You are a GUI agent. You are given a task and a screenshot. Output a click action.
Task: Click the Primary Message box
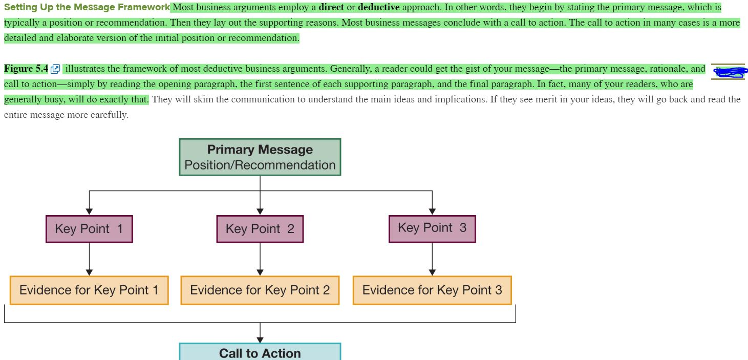click(260, 157)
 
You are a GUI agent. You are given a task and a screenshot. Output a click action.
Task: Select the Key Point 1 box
click(89, 229)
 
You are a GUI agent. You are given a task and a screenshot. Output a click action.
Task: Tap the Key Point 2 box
click(260, 229)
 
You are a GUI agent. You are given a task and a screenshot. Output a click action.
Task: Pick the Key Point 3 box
click(432, 228)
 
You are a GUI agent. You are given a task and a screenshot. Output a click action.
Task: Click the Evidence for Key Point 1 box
click(89, 290)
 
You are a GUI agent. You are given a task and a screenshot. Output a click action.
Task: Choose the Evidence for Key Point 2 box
click(260, 290)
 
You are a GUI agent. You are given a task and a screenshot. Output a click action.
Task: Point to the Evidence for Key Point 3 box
click(432, 290)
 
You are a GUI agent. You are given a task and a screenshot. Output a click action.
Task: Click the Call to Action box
click(260, 352)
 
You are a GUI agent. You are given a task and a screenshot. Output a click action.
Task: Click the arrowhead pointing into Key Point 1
click(89, 211)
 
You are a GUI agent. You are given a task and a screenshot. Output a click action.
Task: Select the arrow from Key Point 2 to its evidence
click(260, 259)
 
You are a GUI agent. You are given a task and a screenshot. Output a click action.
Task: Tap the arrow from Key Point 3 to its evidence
click(432, 259)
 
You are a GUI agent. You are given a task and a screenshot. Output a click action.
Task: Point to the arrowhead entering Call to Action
click(260, 339)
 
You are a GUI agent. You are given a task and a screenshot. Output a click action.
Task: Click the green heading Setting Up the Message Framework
click(87, 7)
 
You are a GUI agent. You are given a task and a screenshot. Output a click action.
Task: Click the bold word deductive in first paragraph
click(378, 7)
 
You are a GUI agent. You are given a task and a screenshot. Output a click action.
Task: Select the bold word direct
click(331, 7)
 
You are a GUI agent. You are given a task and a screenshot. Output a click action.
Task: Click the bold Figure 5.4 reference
click(26, 69)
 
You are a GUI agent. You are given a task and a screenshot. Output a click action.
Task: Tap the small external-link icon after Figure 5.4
click(56, 69)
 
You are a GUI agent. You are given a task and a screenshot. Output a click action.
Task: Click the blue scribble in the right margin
click(728, 72)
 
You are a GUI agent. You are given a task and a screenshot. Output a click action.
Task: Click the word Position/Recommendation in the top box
click(260, 165)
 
